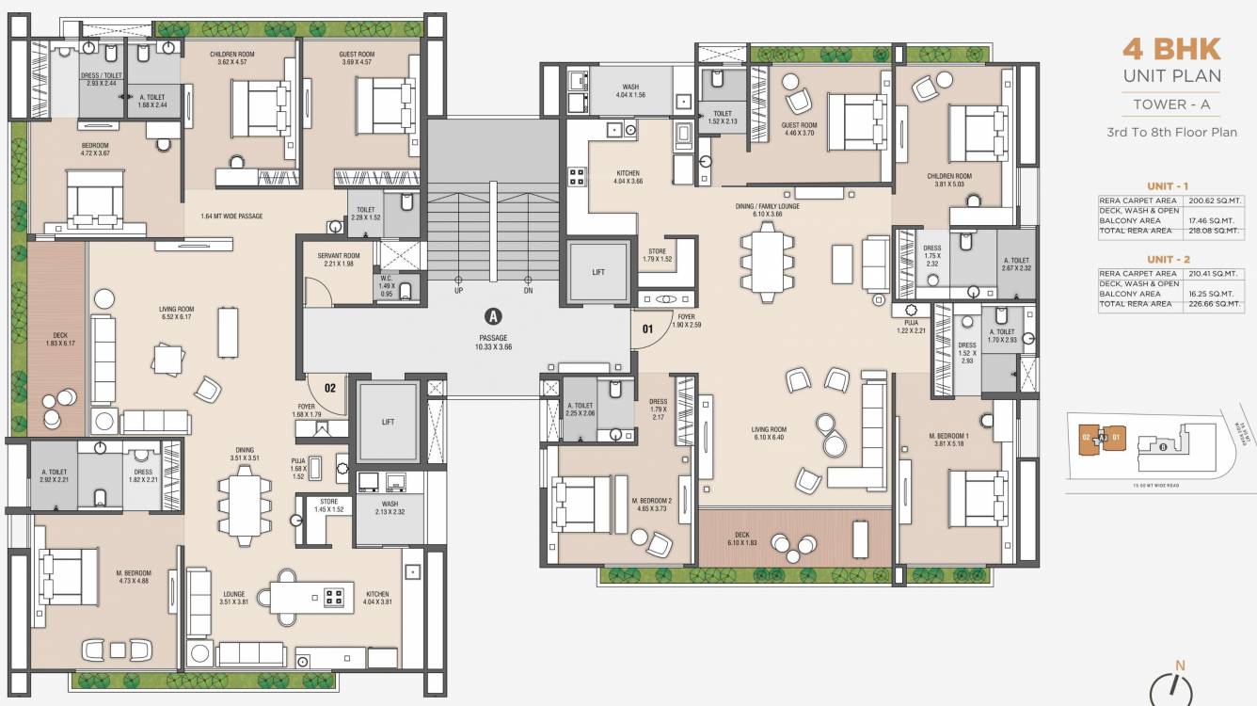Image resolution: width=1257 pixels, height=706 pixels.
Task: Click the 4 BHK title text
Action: (1171, 48)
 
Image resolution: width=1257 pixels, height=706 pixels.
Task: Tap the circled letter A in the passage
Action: (491, 316)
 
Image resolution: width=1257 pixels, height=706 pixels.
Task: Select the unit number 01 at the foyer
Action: (647, 329)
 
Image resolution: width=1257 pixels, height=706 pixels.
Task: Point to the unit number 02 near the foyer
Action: (330, 386)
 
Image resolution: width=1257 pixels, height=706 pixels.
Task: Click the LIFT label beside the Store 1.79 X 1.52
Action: (597, 272)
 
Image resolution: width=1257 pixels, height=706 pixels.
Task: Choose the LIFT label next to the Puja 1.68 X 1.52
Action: (388, 423)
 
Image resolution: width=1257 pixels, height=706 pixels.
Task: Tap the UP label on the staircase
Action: (458, 290)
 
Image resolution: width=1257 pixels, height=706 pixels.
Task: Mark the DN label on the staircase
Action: (529, 290)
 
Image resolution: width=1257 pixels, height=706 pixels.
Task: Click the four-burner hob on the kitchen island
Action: (334, 596)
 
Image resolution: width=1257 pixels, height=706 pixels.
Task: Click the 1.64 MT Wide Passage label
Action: (231, 217)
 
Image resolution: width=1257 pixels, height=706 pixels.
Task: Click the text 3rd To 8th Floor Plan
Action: (1171, 133)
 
